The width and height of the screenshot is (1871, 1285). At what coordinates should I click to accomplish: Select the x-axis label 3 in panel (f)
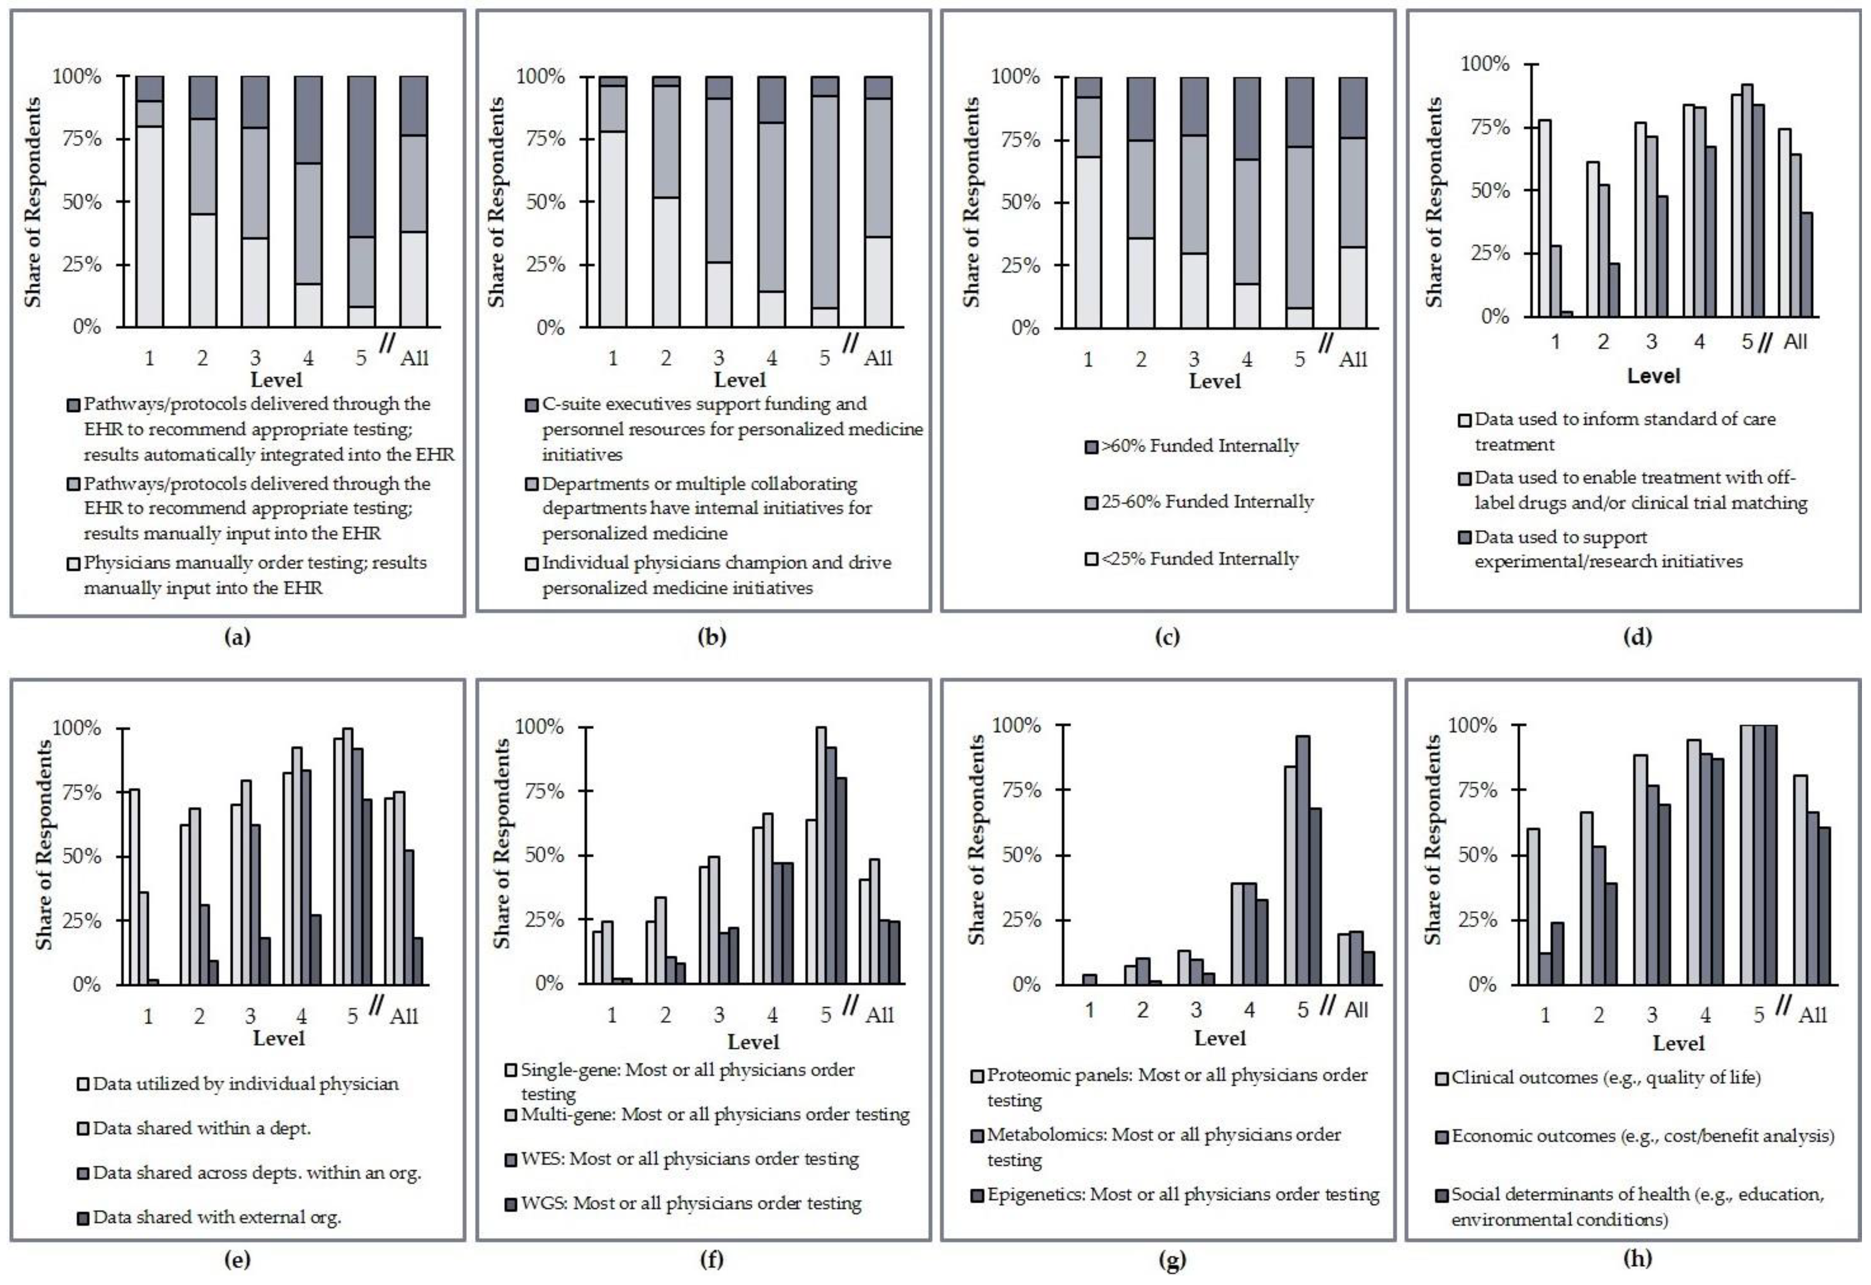tap(719, 1014)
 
